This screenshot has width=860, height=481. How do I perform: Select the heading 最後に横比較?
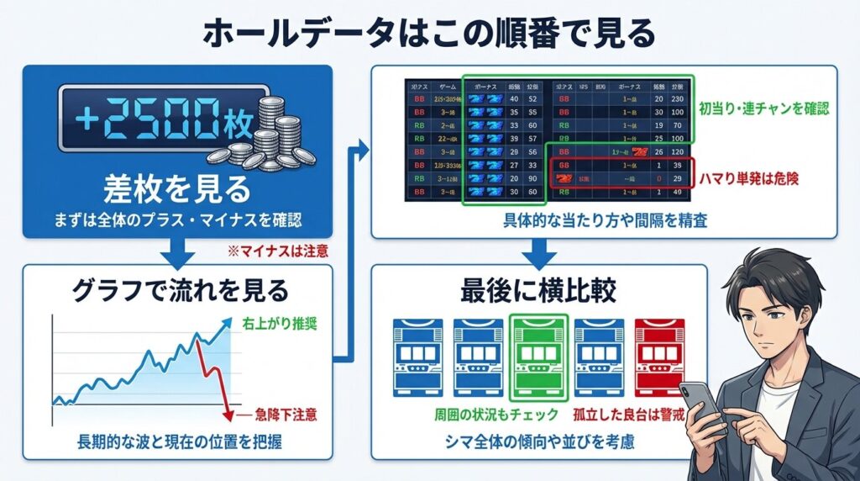(x=538, y=291)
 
